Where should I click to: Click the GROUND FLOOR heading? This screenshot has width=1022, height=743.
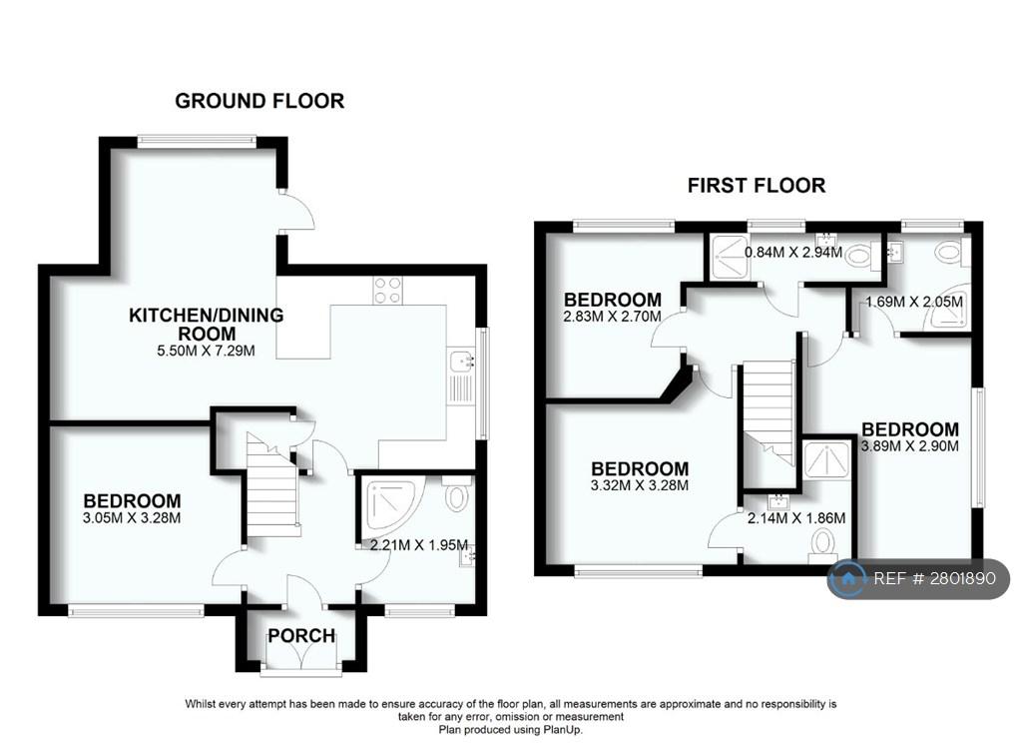pyautogui.click(x=259, y=101)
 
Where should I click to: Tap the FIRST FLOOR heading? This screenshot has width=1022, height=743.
pyautogui.click(x=757, y=186)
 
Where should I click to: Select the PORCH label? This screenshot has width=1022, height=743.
pyautogui.click(x=301, y=635)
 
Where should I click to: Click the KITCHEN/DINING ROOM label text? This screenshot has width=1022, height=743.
pyautogui.click(x=207, y=325)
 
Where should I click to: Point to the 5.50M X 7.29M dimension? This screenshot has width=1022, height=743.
pyautogui.click(x=206, y=351)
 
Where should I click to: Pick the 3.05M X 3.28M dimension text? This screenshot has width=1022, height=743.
pyautogui.click(x=132, y=518)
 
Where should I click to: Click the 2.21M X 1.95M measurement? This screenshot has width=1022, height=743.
pyautogui.click(x=418, y=544)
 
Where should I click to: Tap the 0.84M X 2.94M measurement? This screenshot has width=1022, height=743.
pyautogui.click(x=793, y=252)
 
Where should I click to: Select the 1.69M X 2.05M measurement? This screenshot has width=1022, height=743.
pyautogui.click(x=914, y=302)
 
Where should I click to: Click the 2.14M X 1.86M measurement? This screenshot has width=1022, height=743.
pyautogui.click(x=796, y=518)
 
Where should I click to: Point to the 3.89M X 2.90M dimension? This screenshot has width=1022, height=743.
pyautogui.click(x=910, y=446)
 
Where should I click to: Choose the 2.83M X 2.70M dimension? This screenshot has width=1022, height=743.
pyautogui.click(x=612, y=317)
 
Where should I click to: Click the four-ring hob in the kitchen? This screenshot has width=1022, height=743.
pyautogui.click(x=387, y=291)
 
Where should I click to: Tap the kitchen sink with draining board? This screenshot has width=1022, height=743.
pyautogui.click(x=461, y=376)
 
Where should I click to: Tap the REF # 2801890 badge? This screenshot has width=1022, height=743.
pyautogui.click(x=918, y=578)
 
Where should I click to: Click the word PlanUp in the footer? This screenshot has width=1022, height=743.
pyautogui.click(x=565, y=730)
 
